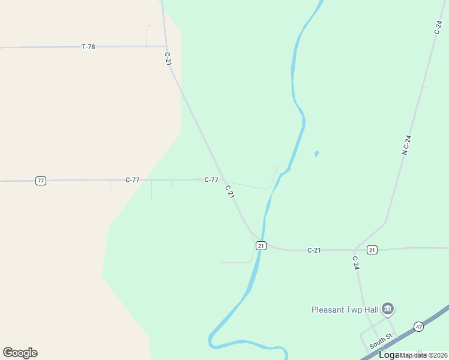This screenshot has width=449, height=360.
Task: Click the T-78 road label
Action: click(x=88, y=47)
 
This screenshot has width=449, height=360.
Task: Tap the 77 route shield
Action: click(x=41, y=181)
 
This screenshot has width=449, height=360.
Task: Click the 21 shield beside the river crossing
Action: click(x=261, y=245)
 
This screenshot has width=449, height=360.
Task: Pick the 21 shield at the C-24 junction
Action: click(x=372, y=250)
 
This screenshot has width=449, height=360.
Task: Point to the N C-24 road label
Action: click(x=406, y=145)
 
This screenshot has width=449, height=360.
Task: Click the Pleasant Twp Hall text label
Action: click(x=345, y=310)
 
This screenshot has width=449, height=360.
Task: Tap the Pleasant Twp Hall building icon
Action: click(x=387, y=309)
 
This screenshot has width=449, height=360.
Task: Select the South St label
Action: click(x=381, y=342)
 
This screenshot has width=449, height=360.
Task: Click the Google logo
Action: click(x=20, y=353)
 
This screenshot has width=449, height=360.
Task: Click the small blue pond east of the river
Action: click(x=316, y=154)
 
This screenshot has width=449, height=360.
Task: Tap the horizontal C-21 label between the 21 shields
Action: click(x=315, y=250)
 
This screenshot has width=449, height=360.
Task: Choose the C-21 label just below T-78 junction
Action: click(x=168, y=59)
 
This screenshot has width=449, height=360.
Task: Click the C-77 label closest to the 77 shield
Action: click(x=133, y=180)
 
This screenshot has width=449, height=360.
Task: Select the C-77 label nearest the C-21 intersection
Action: click(x=211, y=180)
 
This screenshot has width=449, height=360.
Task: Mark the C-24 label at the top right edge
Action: click(x=438, y=27)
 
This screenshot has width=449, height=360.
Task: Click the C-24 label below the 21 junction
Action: click(x=355, y=263)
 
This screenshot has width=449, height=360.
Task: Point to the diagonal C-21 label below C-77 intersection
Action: click(x=229, y=192)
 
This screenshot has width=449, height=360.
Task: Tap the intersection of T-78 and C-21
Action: click(x=166, y=46)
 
